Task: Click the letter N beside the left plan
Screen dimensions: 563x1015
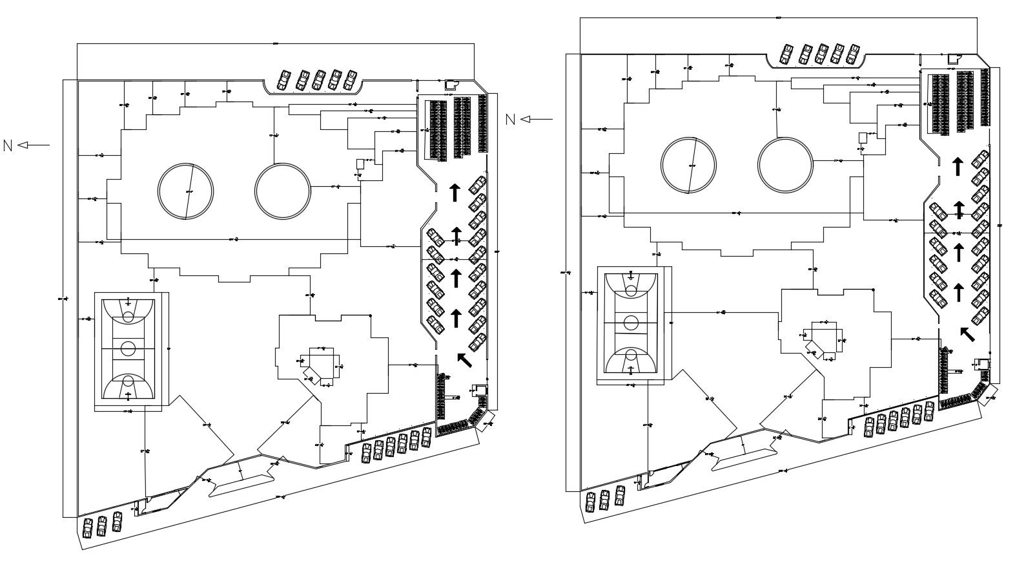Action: tap(8, 146)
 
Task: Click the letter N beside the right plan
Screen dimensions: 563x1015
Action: tap(510, 120)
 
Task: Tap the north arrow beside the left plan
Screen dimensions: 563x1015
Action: tap(34, 145)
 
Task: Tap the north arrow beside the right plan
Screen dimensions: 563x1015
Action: tap(537, 119)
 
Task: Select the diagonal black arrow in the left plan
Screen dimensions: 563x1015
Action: tap(464, 359)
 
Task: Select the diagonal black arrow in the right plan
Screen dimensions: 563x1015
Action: tap(967, 334)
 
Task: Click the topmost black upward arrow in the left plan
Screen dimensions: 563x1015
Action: tap(455, 191)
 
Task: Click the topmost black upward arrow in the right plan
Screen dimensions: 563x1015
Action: tap(958, 165)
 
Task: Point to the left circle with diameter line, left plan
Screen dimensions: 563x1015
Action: tap(186, 191)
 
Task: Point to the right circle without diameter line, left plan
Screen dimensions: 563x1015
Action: tap(282, 191)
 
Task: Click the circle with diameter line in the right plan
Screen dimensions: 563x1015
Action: tap(689, 165)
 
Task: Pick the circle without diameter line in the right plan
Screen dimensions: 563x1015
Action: tap(785, 165)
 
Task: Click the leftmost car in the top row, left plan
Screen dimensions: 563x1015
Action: tap(284, 80)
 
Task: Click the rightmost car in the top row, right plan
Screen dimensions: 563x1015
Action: tap(854, 54)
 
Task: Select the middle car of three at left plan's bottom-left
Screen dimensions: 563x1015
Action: tap(102, 526)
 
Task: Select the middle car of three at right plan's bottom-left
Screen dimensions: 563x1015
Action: tap(605, 499)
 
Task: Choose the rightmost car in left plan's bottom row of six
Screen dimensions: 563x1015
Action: tap(426, 438)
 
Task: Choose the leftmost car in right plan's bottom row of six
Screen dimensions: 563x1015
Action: tap(870, 426)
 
